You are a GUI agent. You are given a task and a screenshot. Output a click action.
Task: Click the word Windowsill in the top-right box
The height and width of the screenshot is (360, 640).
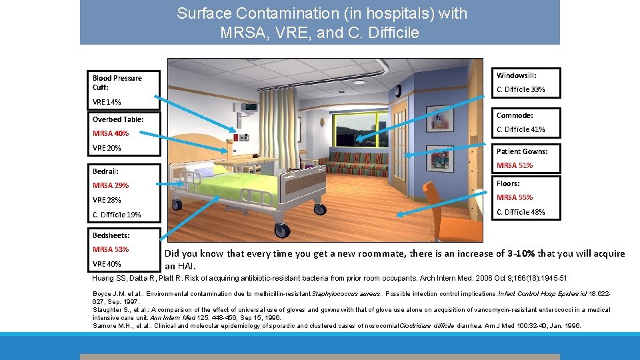point(516,75)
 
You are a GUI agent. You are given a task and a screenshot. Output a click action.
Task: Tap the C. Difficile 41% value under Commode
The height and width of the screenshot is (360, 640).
point(521,129)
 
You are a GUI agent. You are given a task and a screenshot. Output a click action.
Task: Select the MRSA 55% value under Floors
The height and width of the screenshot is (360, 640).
point(515,197)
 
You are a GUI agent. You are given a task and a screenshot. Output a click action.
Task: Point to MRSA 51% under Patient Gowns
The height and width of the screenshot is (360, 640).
point(515,165)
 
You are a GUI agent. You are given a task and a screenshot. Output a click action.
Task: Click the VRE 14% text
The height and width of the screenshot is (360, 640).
point(107,102)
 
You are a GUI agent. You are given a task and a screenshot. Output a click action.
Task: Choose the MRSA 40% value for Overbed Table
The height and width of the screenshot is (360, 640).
point(111,133)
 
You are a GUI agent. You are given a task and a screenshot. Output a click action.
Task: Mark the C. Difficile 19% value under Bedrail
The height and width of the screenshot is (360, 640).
point(117,215)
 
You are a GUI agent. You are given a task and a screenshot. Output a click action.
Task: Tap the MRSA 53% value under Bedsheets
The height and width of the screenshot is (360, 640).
point(111,249)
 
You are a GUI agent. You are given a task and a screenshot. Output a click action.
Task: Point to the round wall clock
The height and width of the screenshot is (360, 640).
point(398,91)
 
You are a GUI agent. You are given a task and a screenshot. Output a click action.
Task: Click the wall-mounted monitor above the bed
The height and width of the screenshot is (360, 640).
point(251,107)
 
